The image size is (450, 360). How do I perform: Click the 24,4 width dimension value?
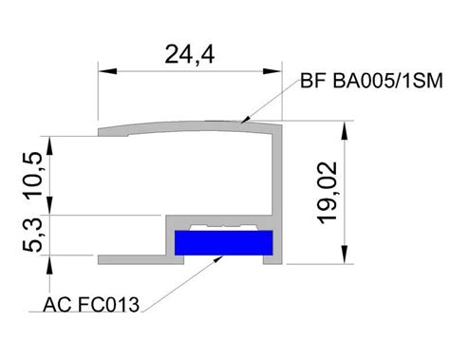(190, 55)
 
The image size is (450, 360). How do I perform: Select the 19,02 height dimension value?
(327, 193)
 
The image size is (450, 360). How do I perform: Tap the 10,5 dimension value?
(33, 176)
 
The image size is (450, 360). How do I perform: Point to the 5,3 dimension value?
(32, 235)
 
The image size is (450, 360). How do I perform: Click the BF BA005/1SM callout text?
(371, 81)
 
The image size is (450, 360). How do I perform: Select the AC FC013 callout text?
(91, 305)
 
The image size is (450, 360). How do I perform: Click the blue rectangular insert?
(224, 242)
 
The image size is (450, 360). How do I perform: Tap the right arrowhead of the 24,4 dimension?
(272, 71)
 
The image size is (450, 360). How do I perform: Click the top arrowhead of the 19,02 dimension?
(345, 130)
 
